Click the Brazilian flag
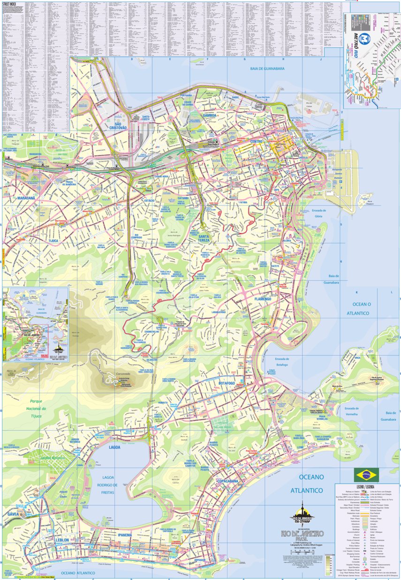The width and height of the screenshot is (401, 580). click(367, 474)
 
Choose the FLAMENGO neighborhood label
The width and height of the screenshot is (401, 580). click(263, 299)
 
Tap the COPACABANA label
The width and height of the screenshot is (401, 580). click(228, 481)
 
